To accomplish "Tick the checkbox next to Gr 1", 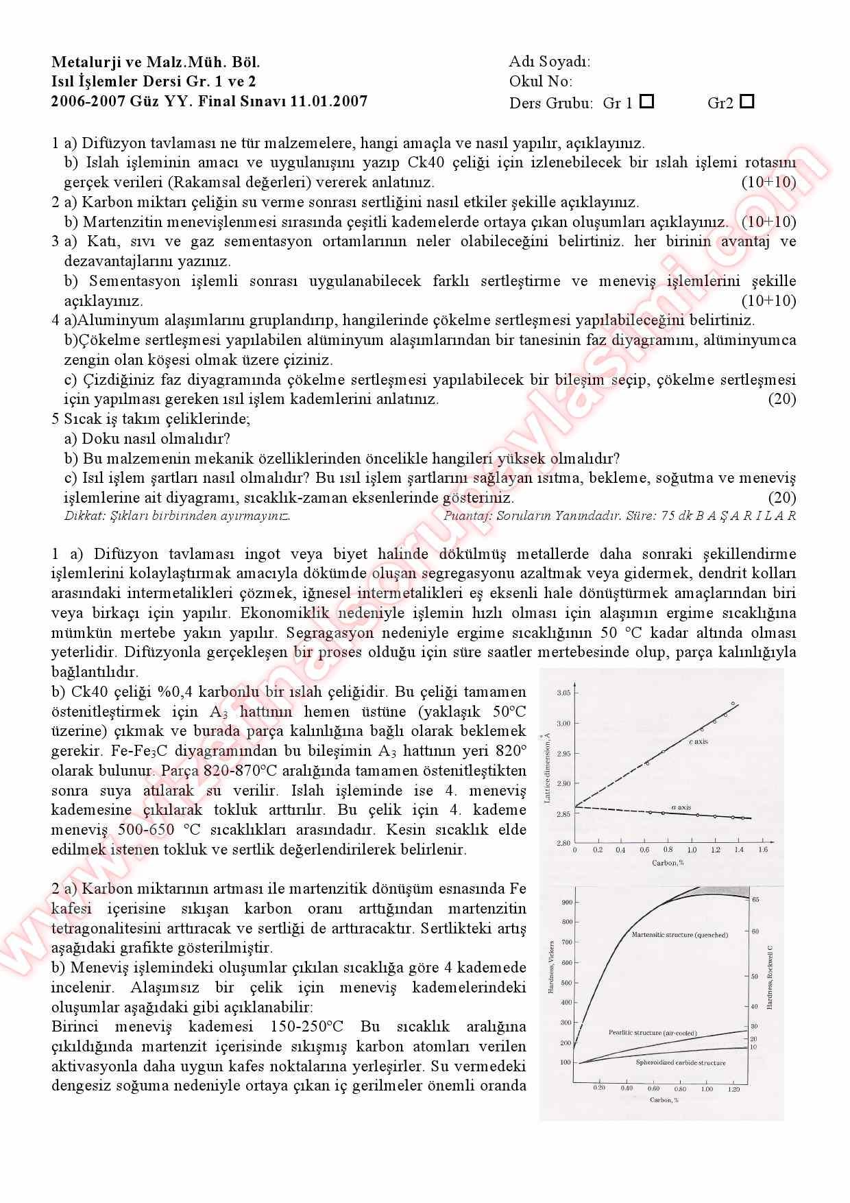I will (646, 102).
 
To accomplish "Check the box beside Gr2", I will (747, 102).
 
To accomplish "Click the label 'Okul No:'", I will (540, 82).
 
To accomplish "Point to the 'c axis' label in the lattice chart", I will (699, 742).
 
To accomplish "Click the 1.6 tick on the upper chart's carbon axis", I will (762, 850).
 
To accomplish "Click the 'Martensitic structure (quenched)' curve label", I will (679, 934).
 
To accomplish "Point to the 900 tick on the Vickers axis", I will (566, 902).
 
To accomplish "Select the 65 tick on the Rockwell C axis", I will (755, 899).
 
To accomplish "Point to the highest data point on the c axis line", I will (733, 704).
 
